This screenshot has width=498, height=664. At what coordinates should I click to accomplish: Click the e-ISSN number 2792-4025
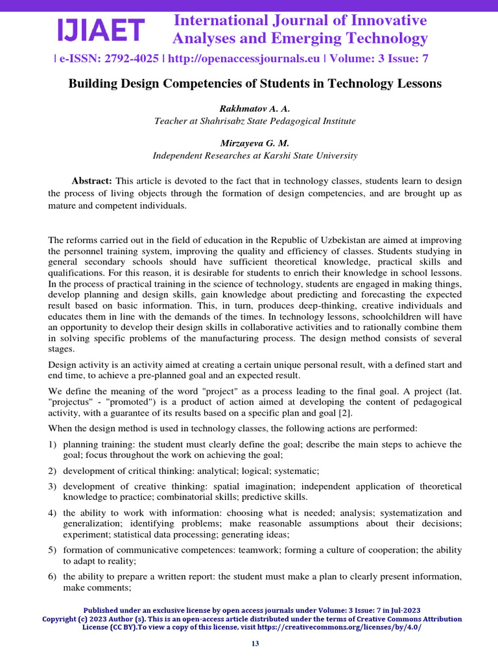point(126,58)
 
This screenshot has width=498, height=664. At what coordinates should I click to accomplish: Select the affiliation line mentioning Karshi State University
point(254,156)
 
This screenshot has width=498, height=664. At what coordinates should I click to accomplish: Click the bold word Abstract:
point(92,180)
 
